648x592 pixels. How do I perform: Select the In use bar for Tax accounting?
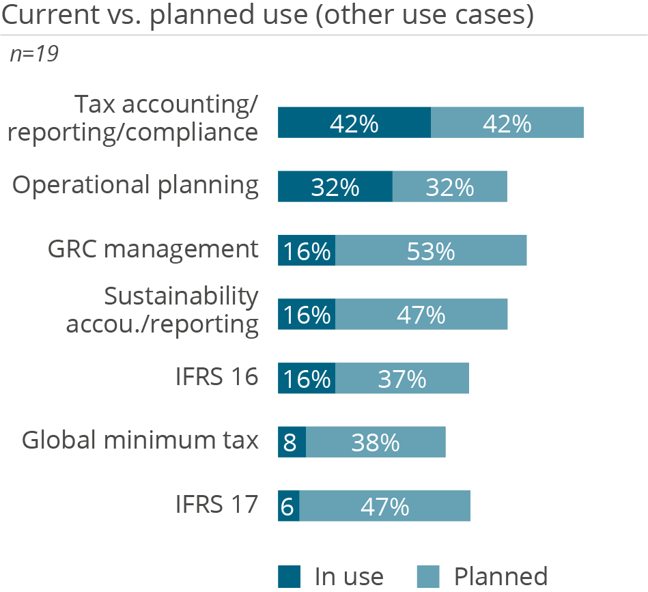click(354, 122)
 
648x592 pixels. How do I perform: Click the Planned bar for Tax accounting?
click(507, 122)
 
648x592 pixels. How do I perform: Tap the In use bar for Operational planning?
click(335, 186)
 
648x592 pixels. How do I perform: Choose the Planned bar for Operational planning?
click(449, 186)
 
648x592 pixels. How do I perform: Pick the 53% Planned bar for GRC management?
click(431, 251)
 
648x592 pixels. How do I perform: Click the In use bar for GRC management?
click(306, 251)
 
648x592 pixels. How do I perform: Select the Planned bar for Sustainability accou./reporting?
click(421, 314)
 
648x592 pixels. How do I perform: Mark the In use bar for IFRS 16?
click(306, 378)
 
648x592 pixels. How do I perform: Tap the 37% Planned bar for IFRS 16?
click(402, 378)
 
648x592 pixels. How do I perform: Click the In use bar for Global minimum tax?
click(292, 442)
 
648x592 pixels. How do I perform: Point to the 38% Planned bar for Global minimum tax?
click(376, 442)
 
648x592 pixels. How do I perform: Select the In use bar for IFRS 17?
click(288, 506)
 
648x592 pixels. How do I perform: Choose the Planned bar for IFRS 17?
click(384, 506)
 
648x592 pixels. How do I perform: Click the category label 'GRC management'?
click(153, 249)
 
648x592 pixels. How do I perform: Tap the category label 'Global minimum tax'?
click(140, 440)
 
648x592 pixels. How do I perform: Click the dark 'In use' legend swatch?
click(289, 576)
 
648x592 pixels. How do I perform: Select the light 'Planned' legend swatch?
click(428, 576)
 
